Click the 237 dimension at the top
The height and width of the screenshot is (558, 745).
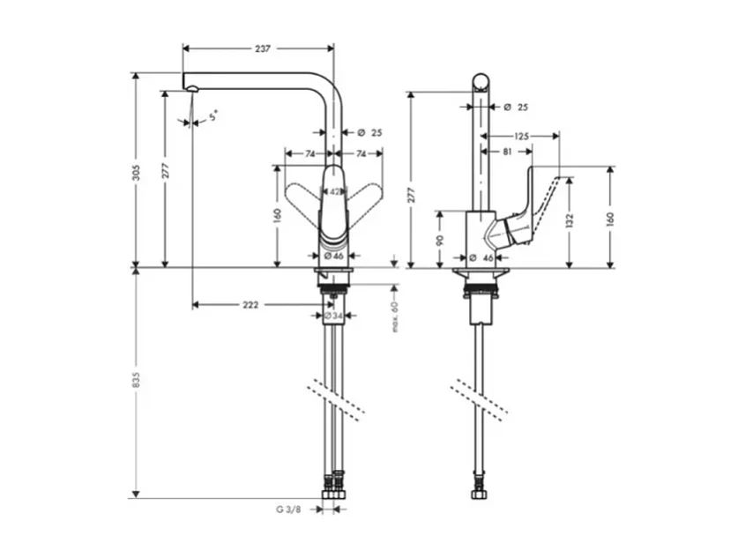pyautogui.click(x=262, y=49)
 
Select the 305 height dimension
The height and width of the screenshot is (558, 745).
pyautogui.click(x=137, y=174)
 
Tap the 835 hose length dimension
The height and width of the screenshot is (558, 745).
pyautogui.click(x=137, y=377)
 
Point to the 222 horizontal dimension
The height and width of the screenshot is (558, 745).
pyautogui.click(x=250, y=305)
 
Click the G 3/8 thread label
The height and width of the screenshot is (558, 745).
pyautogui.click(x=288, y=509)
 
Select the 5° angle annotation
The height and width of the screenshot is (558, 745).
pyautogui.click(x=212, y=115)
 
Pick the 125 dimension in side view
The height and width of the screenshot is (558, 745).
pyautogui.click(x=520, y=137)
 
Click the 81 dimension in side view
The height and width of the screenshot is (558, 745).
pyautogui.click(x=507, y=152)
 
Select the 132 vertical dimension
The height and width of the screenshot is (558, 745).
pyautogui.click(x=570, y=219)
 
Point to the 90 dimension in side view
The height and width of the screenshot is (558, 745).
pyautogui.click(x=441, y=239)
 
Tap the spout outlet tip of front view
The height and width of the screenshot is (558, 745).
pyautogui.click(x=189, y=86)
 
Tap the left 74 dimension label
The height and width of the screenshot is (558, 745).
pyautogui.click(x=310, y=153)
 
